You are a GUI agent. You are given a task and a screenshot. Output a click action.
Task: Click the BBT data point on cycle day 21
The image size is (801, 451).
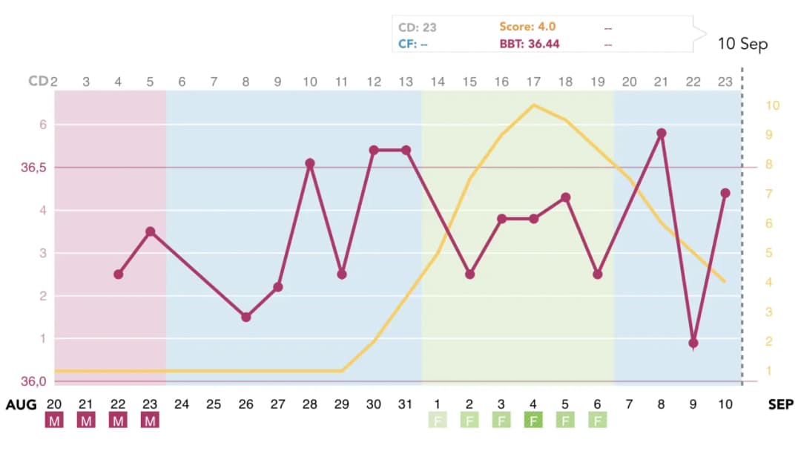pos(661,134)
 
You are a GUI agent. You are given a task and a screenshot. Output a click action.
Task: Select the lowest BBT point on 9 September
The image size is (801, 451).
pos(693,343)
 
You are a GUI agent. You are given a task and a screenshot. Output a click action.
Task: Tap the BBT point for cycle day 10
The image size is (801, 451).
pos(310,163)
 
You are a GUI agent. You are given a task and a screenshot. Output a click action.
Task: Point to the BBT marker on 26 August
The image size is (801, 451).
pos(246,317)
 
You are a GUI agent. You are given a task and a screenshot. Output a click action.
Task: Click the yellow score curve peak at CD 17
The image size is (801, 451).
pos(533,105)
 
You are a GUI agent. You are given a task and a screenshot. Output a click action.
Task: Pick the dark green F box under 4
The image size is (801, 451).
pos(533,421)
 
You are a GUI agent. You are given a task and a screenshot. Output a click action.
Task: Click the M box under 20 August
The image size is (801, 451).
pos(53,421)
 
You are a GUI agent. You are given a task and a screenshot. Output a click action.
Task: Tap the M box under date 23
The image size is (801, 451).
pos(150,421)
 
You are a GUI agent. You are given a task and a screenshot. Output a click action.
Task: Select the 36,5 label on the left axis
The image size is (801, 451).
pos(33,168)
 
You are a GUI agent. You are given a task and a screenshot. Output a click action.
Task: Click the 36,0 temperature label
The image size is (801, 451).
pos(33,381)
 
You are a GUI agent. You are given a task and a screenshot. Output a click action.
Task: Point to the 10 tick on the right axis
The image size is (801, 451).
pos(772,105)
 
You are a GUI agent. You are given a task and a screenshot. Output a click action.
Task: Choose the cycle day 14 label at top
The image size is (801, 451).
pos(438,81)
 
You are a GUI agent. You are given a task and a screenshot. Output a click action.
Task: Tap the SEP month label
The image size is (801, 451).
pos(780,404)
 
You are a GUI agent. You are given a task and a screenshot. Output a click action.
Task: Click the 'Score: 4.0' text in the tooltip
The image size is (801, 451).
pos(527,27)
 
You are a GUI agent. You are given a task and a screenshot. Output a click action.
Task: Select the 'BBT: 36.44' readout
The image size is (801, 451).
pos(530,44)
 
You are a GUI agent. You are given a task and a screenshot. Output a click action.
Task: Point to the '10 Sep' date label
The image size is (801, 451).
pos(742,44)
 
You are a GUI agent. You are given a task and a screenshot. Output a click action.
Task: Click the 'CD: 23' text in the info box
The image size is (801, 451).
pos(417,27)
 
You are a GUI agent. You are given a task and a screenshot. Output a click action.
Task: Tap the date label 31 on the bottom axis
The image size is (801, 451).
pos(405,404)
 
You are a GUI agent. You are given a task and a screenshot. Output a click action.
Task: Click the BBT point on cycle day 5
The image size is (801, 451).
pos(151,231)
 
